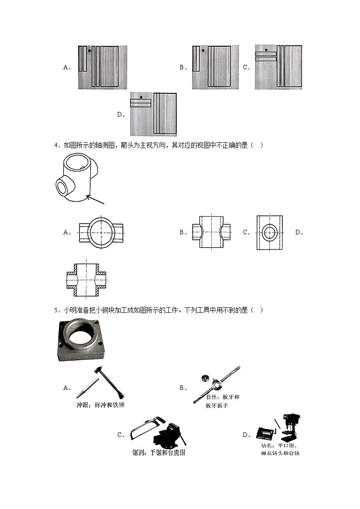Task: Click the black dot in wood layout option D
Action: tap(142, 97)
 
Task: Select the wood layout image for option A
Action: tap(102, 67)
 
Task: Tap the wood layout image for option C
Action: tap(278, 67)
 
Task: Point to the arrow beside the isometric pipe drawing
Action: tap(96, 200)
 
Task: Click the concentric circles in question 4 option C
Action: tap(269, 232)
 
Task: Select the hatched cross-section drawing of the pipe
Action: tap(86, 281)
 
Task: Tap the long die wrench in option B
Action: tap(218, 384)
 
